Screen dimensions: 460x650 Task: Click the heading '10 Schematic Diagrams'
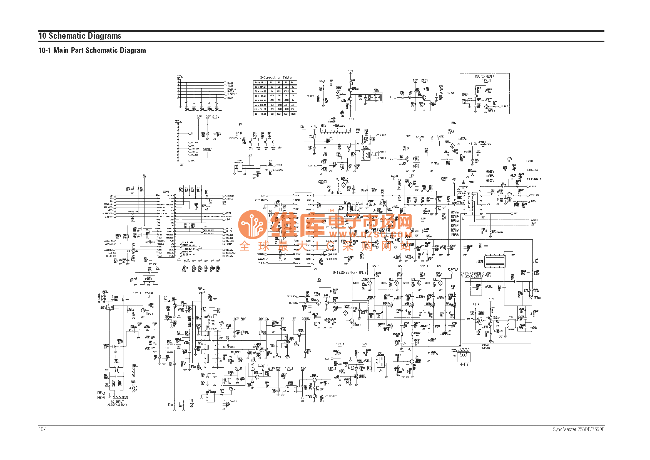click(x=80, y=36)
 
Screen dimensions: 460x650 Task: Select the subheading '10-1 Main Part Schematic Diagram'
click(x=92, y=50)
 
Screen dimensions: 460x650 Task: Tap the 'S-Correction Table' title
click(x=275, y=78)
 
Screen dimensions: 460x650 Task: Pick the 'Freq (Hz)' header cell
click(x=260, y=83)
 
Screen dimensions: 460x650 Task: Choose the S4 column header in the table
click(x=292, y=83)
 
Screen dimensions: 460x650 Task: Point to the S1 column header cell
click(x=271, y=83)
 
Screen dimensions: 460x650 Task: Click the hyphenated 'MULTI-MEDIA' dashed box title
click(x=484, y=77)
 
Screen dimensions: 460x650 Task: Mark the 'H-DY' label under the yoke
click(x=464, y=365)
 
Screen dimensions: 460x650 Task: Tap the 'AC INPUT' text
click(x=117, y=402)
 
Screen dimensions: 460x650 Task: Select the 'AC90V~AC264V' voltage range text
click(x=117, y=405)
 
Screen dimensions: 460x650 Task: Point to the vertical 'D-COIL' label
click(x=99, y=298)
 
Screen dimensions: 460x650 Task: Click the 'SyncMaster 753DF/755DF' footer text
click(x=578, y=429)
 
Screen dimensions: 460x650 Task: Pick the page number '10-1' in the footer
click(x=43, y=429)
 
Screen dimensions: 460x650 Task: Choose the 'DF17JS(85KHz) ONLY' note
click(x=350, y=273)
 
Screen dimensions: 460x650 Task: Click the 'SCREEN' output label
click(x=534, y=220)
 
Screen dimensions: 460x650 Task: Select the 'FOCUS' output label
click(x=533, y=223)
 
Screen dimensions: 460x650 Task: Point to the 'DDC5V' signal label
click(x=230, y=98)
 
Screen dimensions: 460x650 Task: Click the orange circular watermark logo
click(x=253, y=225)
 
